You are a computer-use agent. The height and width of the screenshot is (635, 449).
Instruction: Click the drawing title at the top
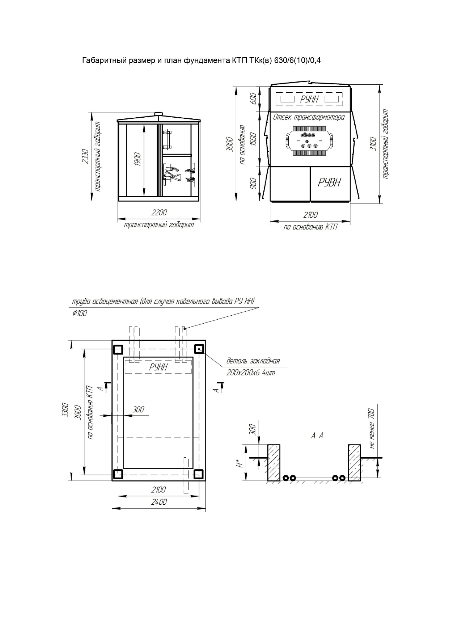click(202, 60)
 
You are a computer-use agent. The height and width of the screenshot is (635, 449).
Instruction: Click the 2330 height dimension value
click(85, 156)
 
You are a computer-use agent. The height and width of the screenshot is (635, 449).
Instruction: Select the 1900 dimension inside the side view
click(137, 159)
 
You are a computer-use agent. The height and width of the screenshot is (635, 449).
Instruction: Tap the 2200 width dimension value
click(159, 213)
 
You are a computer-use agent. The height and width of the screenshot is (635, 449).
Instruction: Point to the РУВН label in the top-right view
click(329, 182)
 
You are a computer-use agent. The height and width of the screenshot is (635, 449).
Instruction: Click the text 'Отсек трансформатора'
click(309, 117)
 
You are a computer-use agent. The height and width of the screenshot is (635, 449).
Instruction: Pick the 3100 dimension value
click(373, 144)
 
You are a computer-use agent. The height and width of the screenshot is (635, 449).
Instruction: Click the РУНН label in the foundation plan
click(158, 367)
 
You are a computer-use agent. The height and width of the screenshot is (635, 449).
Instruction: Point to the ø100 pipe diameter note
click(80, 313)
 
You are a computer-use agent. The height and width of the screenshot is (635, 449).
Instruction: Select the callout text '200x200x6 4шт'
click(251, 372)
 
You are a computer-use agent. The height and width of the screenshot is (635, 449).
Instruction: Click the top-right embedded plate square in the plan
click(199, 349)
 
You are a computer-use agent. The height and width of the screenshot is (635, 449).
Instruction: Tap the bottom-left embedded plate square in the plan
click(118, 474)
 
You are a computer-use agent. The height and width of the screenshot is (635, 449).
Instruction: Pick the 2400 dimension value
click(159, 502)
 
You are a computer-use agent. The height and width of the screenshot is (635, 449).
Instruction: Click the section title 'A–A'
click(317, 436)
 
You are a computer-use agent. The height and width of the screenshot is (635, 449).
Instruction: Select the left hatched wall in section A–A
click(274, 463)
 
